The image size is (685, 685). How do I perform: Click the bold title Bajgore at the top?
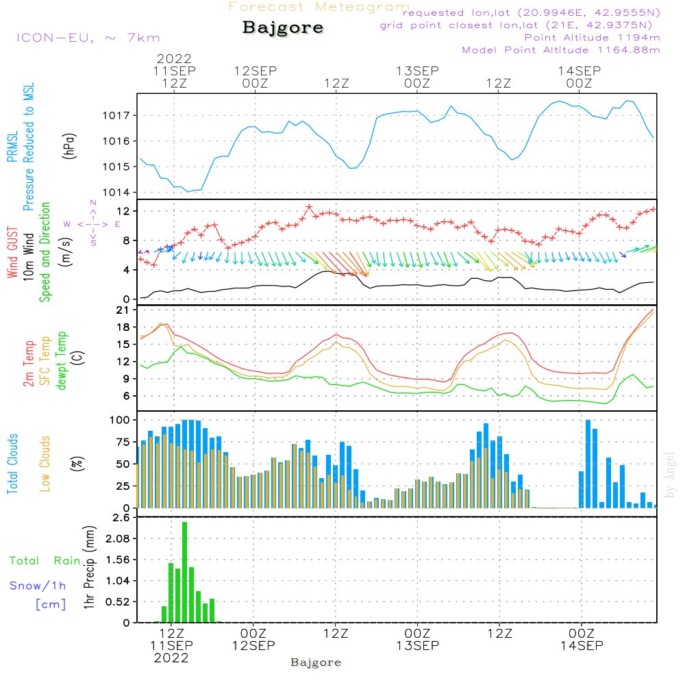coord(283,29)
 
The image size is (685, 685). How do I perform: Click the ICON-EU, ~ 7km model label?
coord(88,38)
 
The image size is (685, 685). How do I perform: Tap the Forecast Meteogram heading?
coord(319,8)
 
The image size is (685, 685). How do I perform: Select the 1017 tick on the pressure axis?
coord(117,115)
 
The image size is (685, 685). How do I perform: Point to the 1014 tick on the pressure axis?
coord(117,192)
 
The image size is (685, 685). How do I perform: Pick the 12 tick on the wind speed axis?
coord(125,210)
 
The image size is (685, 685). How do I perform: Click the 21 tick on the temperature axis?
coord(125,310)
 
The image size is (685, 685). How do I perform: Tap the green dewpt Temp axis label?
coord(62,361)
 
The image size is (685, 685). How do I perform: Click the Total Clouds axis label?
coord(12,464)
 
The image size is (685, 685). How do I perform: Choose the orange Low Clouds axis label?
coord(45,464)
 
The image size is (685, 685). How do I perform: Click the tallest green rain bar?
coord(185,572)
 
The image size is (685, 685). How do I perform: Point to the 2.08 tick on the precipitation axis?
coord(116,539)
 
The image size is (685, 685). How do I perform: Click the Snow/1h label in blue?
coord(38,586)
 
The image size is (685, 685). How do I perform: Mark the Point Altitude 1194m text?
coord(592,38)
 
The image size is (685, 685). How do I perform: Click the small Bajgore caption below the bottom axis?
coord(316,662)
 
